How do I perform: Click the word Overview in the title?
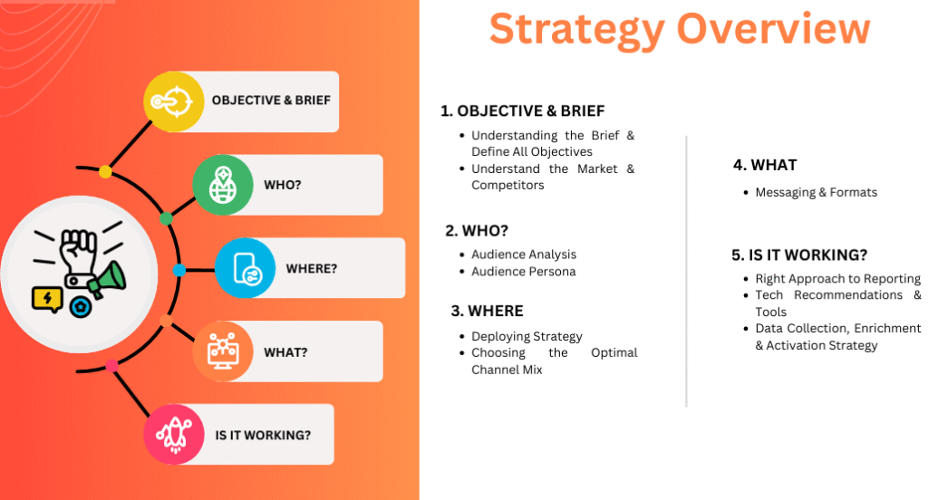(774, 28)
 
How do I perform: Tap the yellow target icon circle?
(173, 101)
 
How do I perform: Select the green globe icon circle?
(223, 185)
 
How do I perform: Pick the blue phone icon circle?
(245, 268)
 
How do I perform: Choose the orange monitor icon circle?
(223, 351)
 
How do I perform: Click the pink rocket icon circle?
(173, 434)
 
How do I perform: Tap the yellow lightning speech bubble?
(47, 299)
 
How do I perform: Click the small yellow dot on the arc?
(105, 171)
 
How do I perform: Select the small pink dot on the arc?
(111, 366)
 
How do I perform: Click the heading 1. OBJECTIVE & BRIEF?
(523, 111)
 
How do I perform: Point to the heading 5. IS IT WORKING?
(799, 255)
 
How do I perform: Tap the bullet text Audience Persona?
(523, 272)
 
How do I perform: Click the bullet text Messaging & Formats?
(817, 192)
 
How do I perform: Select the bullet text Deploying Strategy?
(527, 337)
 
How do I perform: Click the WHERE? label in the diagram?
(312, 269)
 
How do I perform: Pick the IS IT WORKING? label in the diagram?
(263, 436)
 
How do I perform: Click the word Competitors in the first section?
(507, 185)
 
